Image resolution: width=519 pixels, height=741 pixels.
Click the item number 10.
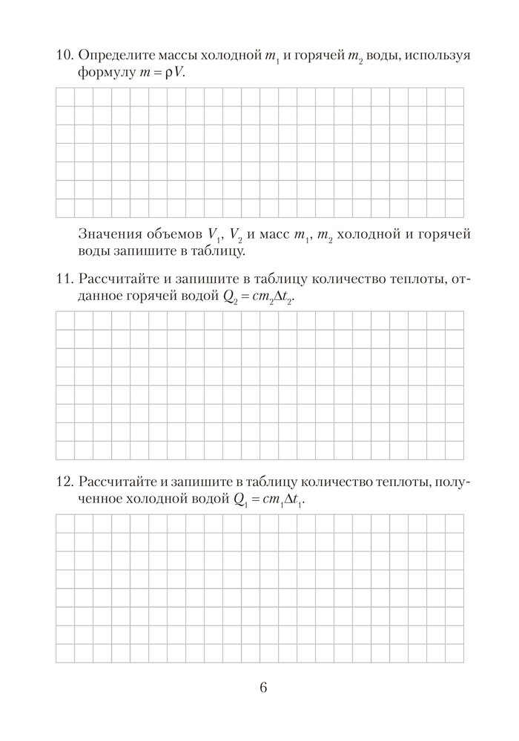click(64, 56)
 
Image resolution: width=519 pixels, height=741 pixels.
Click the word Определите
click(114, 56)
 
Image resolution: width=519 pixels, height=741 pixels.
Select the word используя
click(436, 56)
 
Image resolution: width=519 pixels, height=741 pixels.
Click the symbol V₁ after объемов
click(216, 236)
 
